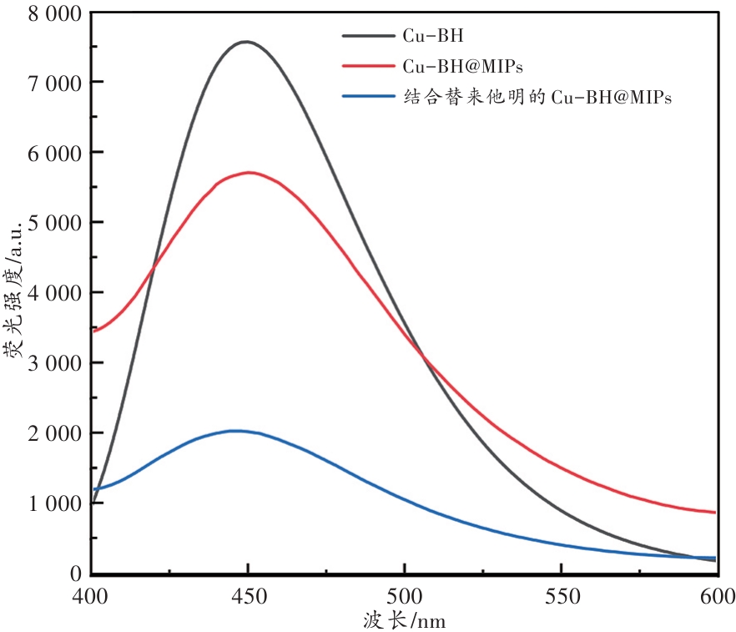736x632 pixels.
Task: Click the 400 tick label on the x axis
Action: click(x=92, y=595)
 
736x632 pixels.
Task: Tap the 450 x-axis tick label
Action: click(x=248, y=595)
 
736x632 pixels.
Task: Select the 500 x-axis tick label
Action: click(x=404, y=595)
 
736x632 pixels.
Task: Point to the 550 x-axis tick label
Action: click(x=560, y=595)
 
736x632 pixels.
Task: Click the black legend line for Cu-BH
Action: click(x=367, y=36)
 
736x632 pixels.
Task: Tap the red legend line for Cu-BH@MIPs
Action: click(x=367, y=66)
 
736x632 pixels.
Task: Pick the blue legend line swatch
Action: click(x=367, y=96)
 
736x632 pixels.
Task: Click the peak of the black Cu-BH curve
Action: click(x=247, y=42)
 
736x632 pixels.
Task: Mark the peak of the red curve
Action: click(x=249, y=173)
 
